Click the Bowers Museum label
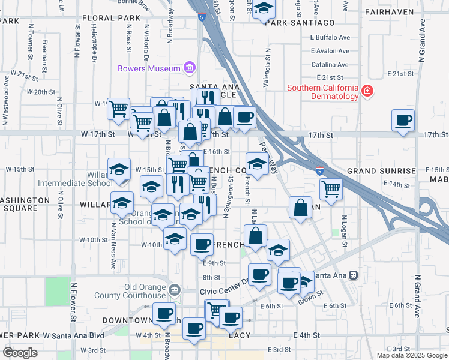pyautogui.click(x=149, y=68)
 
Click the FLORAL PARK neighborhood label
pyautogui.click(x=111, y=18)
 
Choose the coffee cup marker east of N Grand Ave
pyautogui.click(x=402, y=119)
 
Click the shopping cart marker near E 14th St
pyautogui.click(x=331, y=189)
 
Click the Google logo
pyautogui.click(x=20, y=352)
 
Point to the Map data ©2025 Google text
pyautogui.click(x=411, y=355)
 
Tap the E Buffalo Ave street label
pyautogui.click(x=330, y=37)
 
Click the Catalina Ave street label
pyautogui.click(x=330, y=65)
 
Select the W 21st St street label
pyautogui.click(x=24, y=76)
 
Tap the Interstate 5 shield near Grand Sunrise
pyautogui.click(x=320, y=171)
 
